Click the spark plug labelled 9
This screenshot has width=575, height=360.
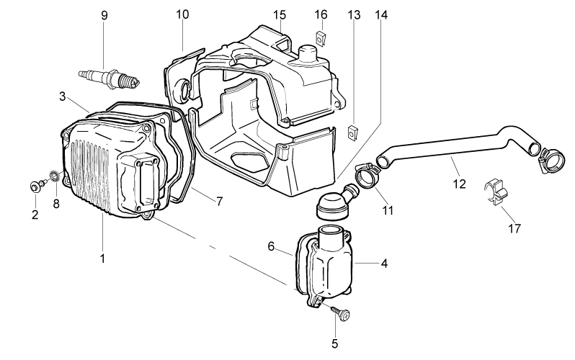110,78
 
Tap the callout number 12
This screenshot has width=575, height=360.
459,184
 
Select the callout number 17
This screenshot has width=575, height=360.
514,228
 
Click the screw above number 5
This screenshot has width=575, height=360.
341,314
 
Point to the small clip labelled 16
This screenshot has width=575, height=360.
321,38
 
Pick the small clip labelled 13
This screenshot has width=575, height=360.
353,132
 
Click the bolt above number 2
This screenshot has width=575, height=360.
37,185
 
